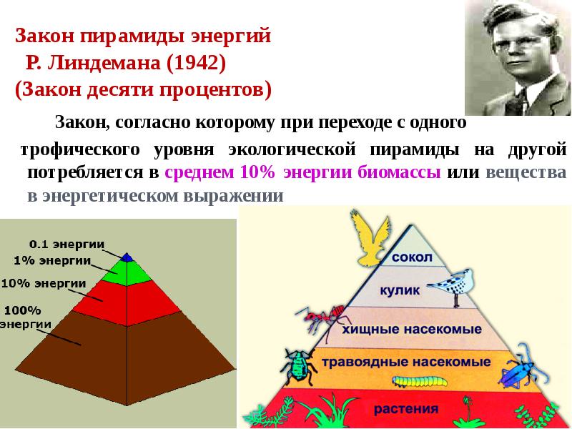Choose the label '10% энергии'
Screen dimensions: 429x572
click(x=44, y=283)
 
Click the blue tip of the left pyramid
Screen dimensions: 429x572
click(x=127, y=257)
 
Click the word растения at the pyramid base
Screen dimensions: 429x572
click(x=405, y=410)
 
